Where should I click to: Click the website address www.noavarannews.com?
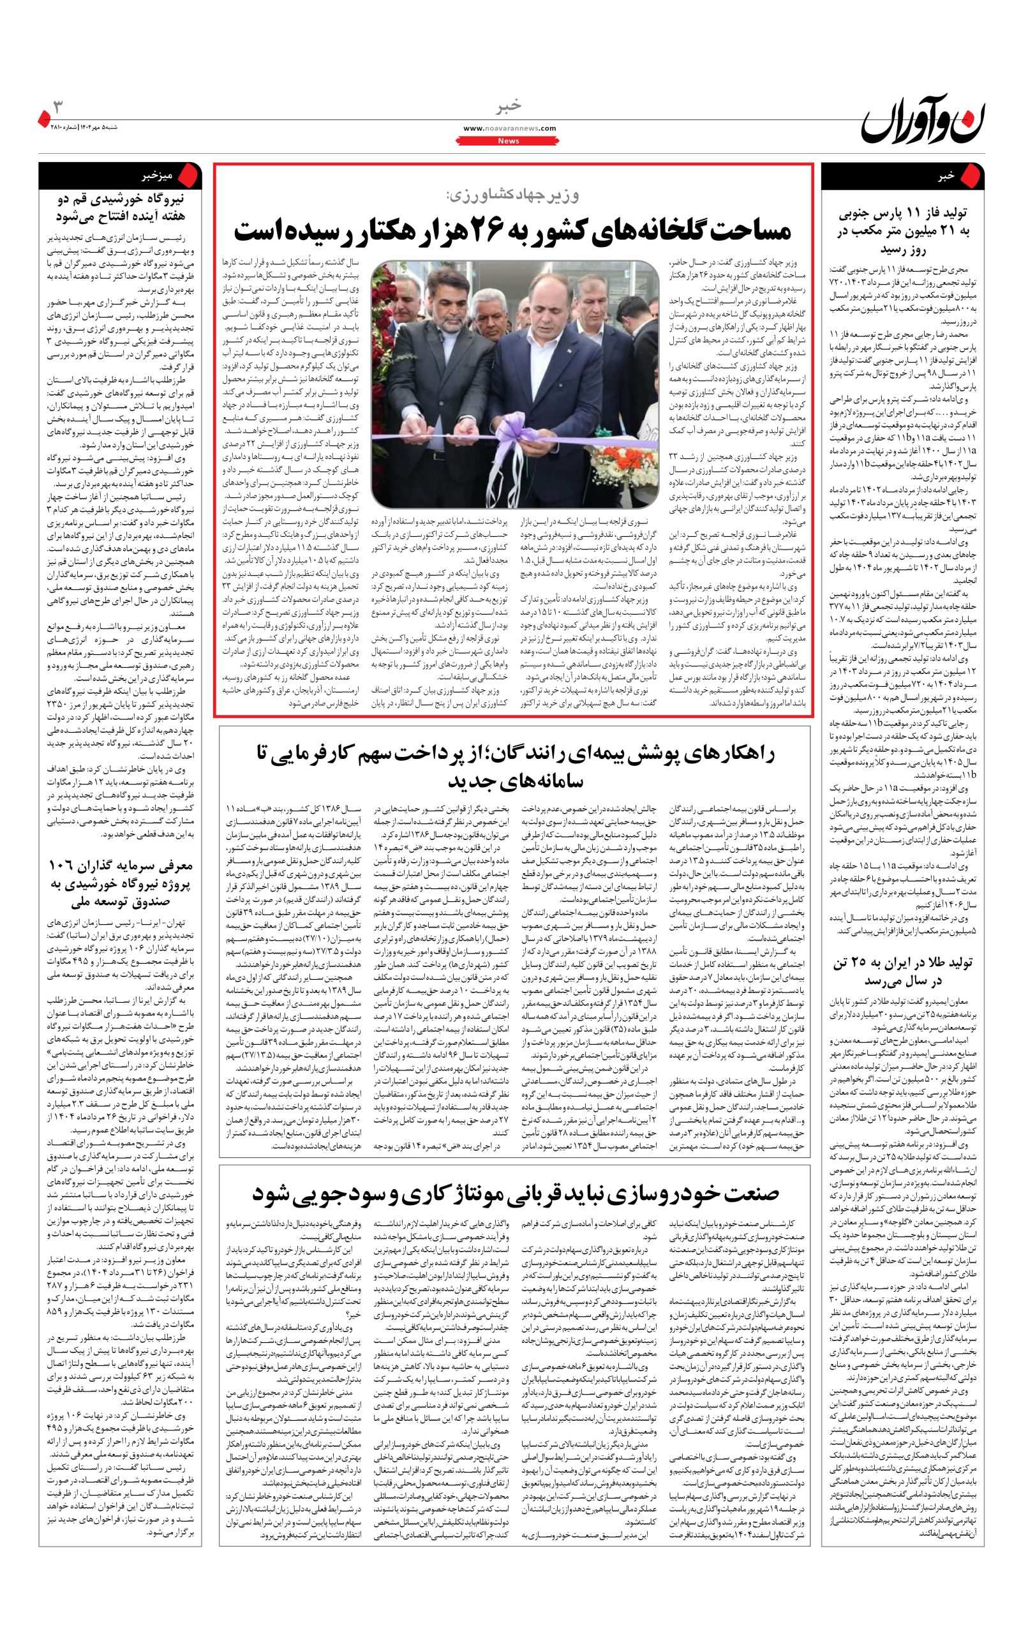pos(510,128)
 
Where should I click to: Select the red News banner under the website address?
pos(509,141)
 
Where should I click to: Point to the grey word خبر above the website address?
pos(510,107)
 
